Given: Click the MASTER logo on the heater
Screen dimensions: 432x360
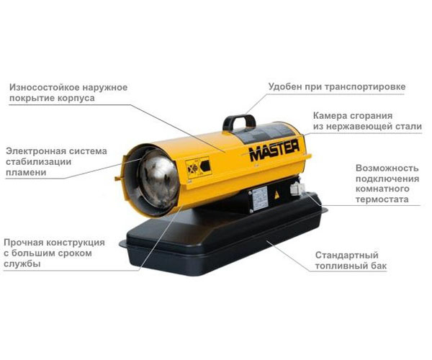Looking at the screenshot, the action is click(274, 150).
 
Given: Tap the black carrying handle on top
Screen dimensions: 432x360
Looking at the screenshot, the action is click(239, 120).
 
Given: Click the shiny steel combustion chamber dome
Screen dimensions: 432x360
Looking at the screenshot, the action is click(158, 179).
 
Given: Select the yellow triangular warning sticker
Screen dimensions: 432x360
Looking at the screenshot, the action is click(276, 196).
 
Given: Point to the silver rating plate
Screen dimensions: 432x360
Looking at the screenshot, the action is click(260, 198).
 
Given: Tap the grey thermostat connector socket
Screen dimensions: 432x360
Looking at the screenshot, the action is click(297, 189).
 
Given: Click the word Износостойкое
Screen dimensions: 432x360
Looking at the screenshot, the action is click(43, 87).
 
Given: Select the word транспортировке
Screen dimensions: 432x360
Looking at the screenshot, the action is click(365, 87).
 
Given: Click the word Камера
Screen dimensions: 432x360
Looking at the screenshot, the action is click(329, 116).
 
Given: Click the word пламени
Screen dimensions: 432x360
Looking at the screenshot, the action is click(26, 173).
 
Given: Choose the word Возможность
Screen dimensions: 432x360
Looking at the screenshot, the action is click(387, 168).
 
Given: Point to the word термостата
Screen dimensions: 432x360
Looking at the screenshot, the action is click(382, 199).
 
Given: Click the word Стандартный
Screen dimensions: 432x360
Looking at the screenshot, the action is click(346, 255).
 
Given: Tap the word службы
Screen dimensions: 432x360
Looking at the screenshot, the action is click(22, 264).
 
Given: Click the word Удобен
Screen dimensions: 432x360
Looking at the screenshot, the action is click(285, 87).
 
